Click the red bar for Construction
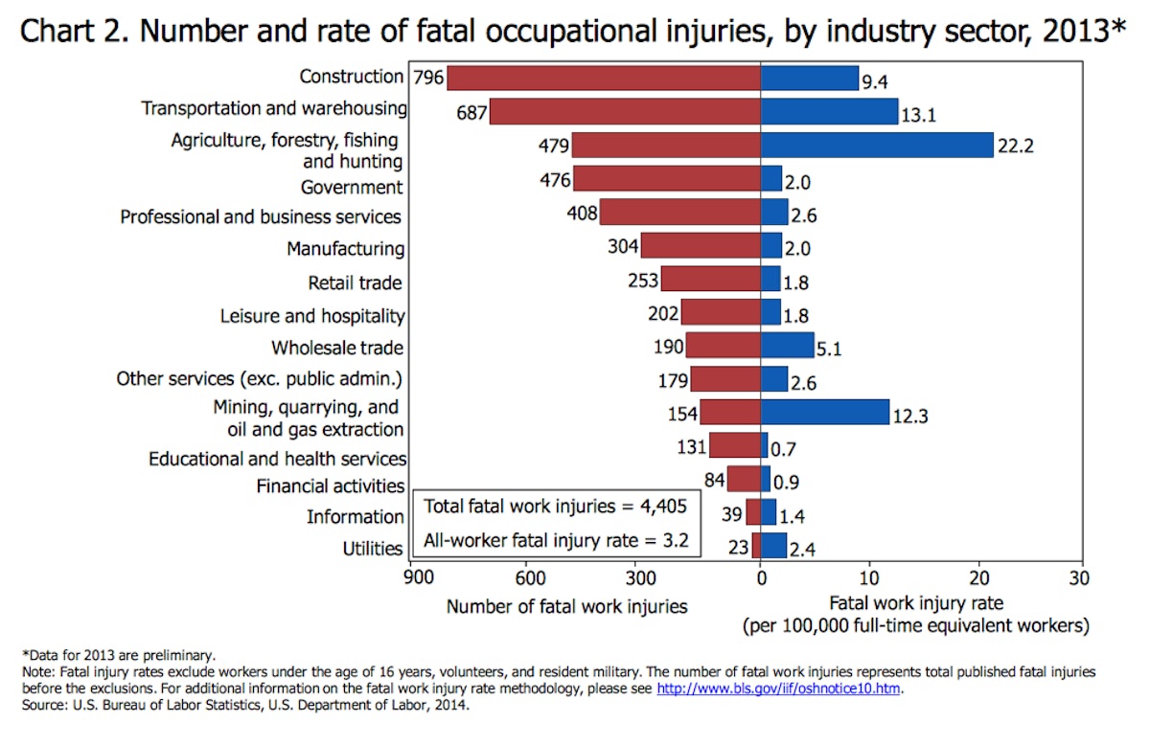click(x=603, y=78)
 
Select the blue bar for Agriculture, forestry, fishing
click(x=876, y=145)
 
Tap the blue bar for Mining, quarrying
click(x=824, y=412)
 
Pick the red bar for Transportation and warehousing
click(x=624, y=111)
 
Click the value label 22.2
click(x=1016, y=147)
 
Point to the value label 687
click(x=471, y=113)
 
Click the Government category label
click(x=352, y=187)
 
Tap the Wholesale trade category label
click(x=336, y=348)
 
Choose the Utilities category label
click(x=373, y=549)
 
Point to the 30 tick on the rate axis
click(x=1081, y=579)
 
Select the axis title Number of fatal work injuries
click(x=566, y=606)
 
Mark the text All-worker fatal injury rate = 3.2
click(x=555, y=539)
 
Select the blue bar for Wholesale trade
click(x=787, y=345)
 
